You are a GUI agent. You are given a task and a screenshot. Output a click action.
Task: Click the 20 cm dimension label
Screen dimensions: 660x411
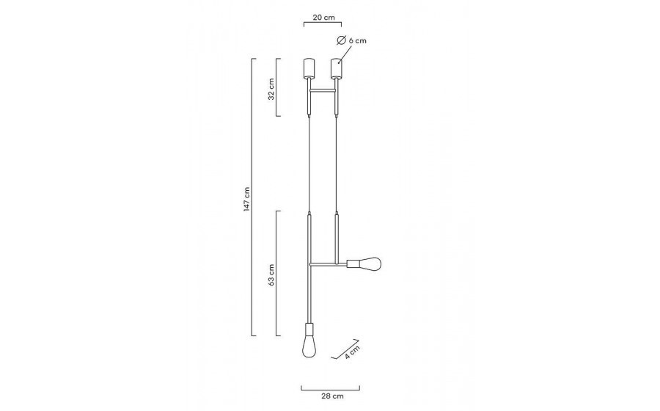(323, 18)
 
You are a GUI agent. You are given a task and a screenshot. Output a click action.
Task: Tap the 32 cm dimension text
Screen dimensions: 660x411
(271, 89)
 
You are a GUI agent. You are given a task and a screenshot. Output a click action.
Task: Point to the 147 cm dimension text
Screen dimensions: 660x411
(246, 199)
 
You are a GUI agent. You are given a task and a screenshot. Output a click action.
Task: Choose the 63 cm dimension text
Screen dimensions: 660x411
(271, 275)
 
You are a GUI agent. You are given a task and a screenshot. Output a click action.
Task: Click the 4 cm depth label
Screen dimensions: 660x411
(352, 352)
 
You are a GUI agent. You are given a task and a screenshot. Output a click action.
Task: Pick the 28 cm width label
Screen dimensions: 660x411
(332, 396)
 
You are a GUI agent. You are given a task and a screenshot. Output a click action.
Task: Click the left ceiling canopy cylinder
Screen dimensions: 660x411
(309, 68)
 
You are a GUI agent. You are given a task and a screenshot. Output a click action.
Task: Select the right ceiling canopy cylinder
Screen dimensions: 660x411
(337, 68)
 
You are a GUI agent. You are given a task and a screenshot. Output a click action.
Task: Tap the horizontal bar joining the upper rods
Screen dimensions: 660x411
(323, 90)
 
